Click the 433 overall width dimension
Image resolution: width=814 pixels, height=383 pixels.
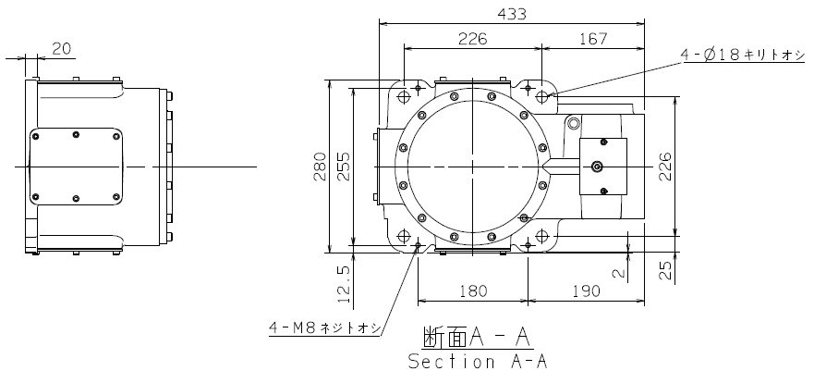pos(511,14)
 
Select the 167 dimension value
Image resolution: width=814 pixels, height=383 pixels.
pos(593,39)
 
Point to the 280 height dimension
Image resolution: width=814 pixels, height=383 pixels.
pos(321,167)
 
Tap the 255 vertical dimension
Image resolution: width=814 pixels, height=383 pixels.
pos(345,167)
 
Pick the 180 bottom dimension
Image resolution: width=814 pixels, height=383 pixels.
pos(473,291)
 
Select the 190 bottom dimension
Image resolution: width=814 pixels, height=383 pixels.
pos(586,291)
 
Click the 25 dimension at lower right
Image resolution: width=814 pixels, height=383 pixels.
pos(665,270)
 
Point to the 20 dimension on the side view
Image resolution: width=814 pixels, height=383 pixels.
pos(61,49)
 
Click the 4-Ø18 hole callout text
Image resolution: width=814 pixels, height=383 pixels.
pos(743,56)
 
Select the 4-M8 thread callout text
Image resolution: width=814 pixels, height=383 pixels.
pos(325,327)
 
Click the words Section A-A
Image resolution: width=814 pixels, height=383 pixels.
pos(478,361)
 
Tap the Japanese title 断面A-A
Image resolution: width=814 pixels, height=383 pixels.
pos(478,338)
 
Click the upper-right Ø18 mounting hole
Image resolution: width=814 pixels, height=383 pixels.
pos(541,96)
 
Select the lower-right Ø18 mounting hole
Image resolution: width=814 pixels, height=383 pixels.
pos(541,237)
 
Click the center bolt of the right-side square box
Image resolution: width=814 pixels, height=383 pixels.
pos(597,167)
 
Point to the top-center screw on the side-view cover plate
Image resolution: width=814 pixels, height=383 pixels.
pos(76,134)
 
